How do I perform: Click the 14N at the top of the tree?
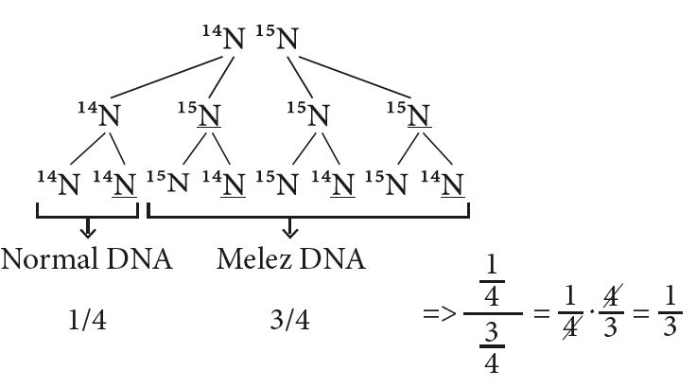coord(225,38)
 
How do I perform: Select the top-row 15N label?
coord(279,38)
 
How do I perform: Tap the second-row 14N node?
coord(101,116)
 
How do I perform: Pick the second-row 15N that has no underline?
coord(308,116)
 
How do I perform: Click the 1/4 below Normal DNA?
coord(88,321)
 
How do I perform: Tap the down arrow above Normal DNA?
coord(88,228)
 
